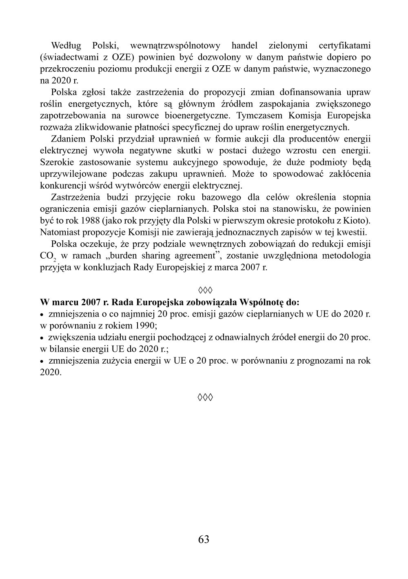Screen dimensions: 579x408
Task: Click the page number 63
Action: (x=204, y=539)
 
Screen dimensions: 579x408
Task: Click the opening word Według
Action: (x=66, y=45)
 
